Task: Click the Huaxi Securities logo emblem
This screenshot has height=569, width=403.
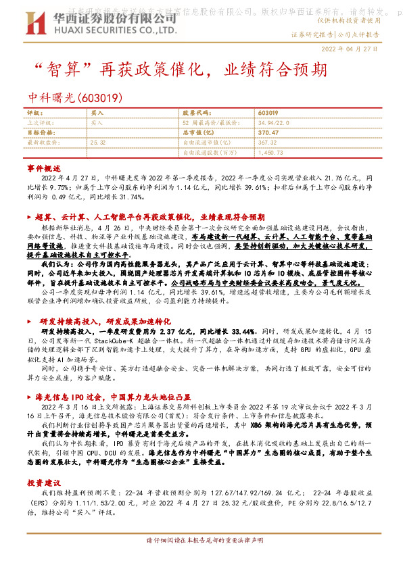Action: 34,24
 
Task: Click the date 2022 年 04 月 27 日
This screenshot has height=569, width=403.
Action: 350,49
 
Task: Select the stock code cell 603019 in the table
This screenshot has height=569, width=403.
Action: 268,113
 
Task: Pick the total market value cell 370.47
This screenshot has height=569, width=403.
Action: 268,133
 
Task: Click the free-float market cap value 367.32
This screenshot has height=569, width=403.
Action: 268,143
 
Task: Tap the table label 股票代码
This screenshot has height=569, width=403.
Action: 196,113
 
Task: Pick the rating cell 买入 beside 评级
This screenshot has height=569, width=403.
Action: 97,113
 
